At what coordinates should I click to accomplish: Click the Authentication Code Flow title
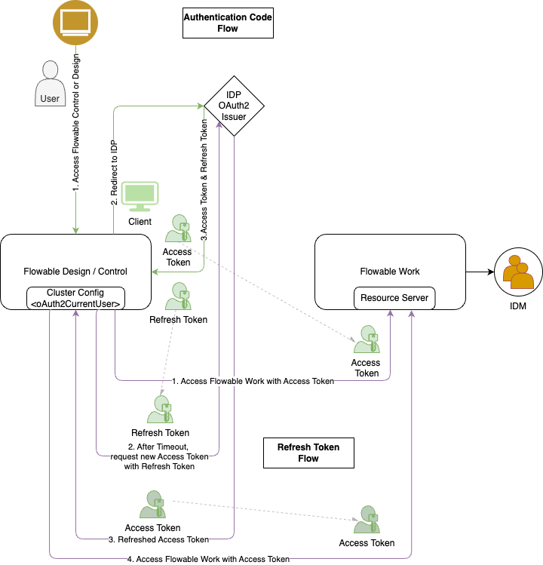(228, 23)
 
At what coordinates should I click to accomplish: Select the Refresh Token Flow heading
(308, 453)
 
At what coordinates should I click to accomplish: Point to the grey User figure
(51, 83)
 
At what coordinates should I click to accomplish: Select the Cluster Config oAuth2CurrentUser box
(75, 298)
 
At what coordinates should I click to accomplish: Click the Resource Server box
(394, 298)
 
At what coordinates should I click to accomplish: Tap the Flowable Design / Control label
(75, 271)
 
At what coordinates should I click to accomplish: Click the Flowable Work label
(390, 271)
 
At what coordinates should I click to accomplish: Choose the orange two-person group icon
(519, 273)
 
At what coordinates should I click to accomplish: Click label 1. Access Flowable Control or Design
(75, 122)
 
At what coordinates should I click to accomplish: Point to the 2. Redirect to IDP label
(114, 173)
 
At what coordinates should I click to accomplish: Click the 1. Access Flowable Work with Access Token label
(253, 381)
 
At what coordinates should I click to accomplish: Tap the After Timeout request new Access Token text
(159, 456)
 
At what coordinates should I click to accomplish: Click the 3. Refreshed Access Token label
(158, 539)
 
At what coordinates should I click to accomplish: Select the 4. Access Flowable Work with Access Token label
(208, 559)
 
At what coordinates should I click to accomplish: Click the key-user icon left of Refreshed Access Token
(153, 504)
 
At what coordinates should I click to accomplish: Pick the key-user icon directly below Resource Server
(367, 339)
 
